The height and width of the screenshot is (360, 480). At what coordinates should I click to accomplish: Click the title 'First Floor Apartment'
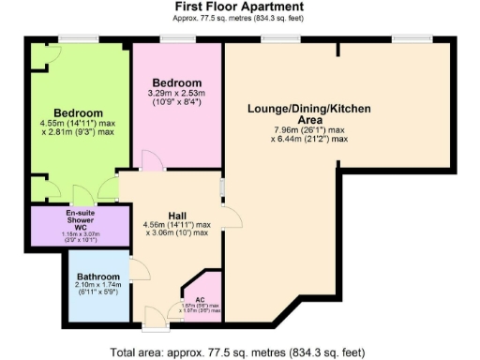239,7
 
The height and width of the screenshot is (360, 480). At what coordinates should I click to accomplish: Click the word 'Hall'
176,215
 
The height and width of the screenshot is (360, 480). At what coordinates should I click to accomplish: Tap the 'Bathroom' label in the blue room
99,277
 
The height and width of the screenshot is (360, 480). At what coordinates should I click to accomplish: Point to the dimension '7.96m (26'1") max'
309,130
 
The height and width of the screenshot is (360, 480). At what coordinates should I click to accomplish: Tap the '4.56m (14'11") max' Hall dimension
176,225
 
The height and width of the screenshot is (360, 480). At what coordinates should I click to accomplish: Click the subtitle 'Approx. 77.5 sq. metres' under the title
239,20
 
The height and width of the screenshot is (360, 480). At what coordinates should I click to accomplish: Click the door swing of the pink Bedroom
150,160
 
